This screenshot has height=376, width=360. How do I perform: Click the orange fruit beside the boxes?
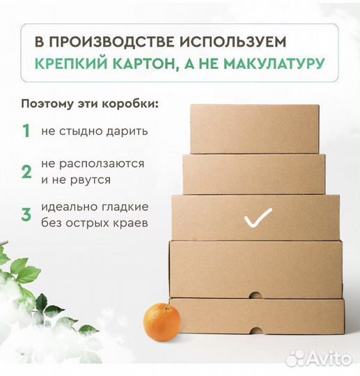pyautogui.click(x=162, y=322)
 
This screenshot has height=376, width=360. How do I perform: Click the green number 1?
pyautogui.click(x=26, y=131)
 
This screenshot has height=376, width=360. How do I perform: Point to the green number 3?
pyautogui.click(x=26, y=214)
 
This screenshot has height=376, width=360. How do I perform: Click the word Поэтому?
pyautogui.click(x=46, y=104)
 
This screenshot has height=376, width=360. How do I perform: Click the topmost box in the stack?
pyautogui.click(x=254, y=129)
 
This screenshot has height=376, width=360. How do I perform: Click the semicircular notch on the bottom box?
pyautogui.click(x=254, y=295)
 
